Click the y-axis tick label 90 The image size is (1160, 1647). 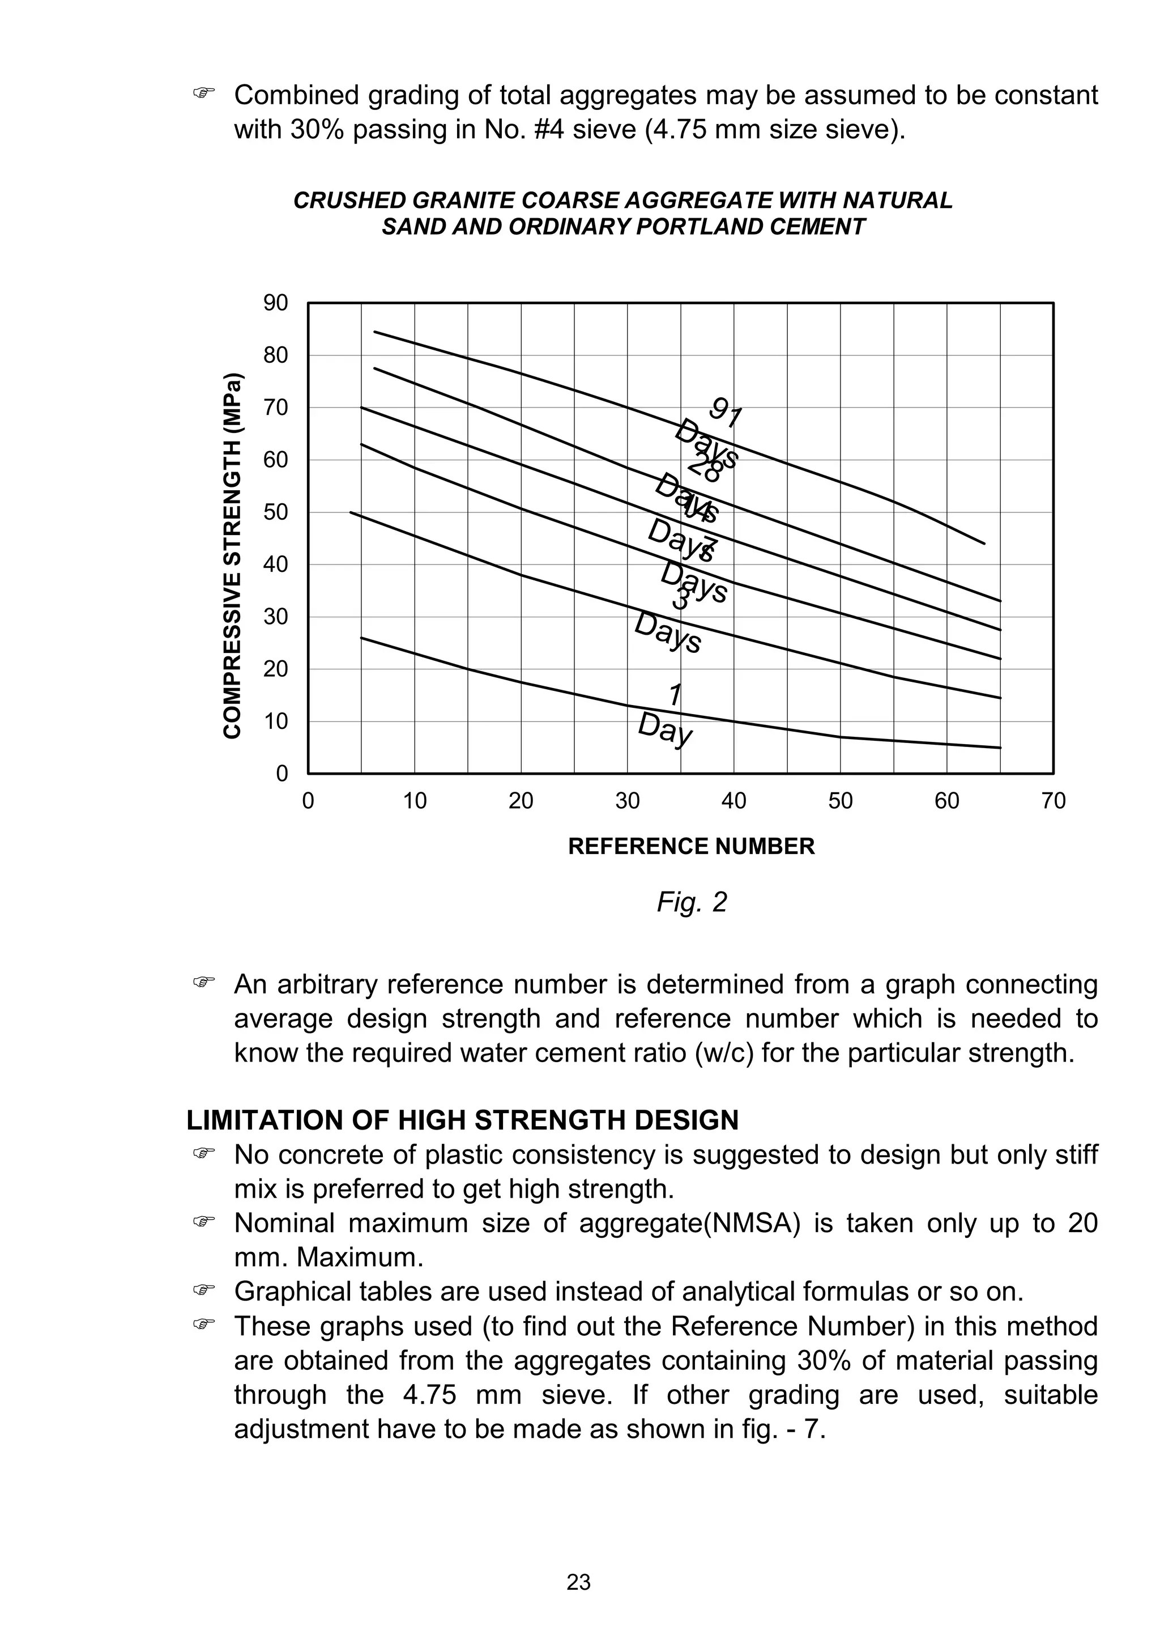[275, 303]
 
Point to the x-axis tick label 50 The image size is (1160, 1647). [840, 800]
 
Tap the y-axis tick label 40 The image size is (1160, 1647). [275, 564]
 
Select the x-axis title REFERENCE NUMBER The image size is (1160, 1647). [691, 847]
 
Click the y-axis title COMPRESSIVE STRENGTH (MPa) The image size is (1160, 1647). [232, 556]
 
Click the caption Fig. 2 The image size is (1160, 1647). [691, 902]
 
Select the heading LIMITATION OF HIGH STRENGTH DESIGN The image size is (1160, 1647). [462, 1120]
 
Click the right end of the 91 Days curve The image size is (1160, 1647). [984, 544]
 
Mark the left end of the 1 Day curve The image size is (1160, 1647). [361, 638]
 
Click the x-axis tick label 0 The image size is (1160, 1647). [308, 800]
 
